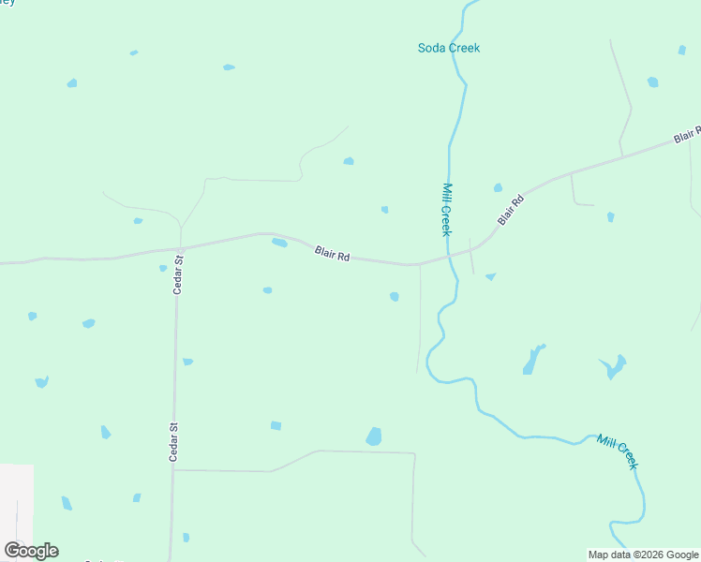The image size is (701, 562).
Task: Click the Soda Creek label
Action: [x=448, y=48]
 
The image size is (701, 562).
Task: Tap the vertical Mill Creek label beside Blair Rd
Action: [x=446, y=209]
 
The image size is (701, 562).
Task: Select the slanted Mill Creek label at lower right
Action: [x=618, y=451]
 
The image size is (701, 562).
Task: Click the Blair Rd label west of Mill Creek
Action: [x=332, y=253]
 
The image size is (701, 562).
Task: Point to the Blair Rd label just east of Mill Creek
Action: [x=510, y=209]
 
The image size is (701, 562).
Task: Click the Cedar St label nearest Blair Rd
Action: [x=177, y=275]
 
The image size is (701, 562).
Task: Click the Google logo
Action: [x=31, y=551]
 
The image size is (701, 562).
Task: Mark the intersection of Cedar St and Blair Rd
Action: [x=180, y=249]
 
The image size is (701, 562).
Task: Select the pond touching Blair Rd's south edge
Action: [x=279, y=244]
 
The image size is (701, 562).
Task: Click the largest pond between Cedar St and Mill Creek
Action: [x=374, y=436]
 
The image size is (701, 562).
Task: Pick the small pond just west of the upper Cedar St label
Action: [x=163, y=268]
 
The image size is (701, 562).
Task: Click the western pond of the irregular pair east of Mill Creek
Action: [x=532, y=361]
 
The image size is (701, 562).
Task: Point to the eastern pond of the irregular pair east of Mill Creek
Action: [x=615, y=365]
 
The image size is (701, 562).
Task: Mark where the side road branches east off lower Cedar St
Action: [x=173, y=470]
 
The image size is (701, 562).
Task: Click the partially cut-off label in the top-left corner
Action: [x=7, y=3]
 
